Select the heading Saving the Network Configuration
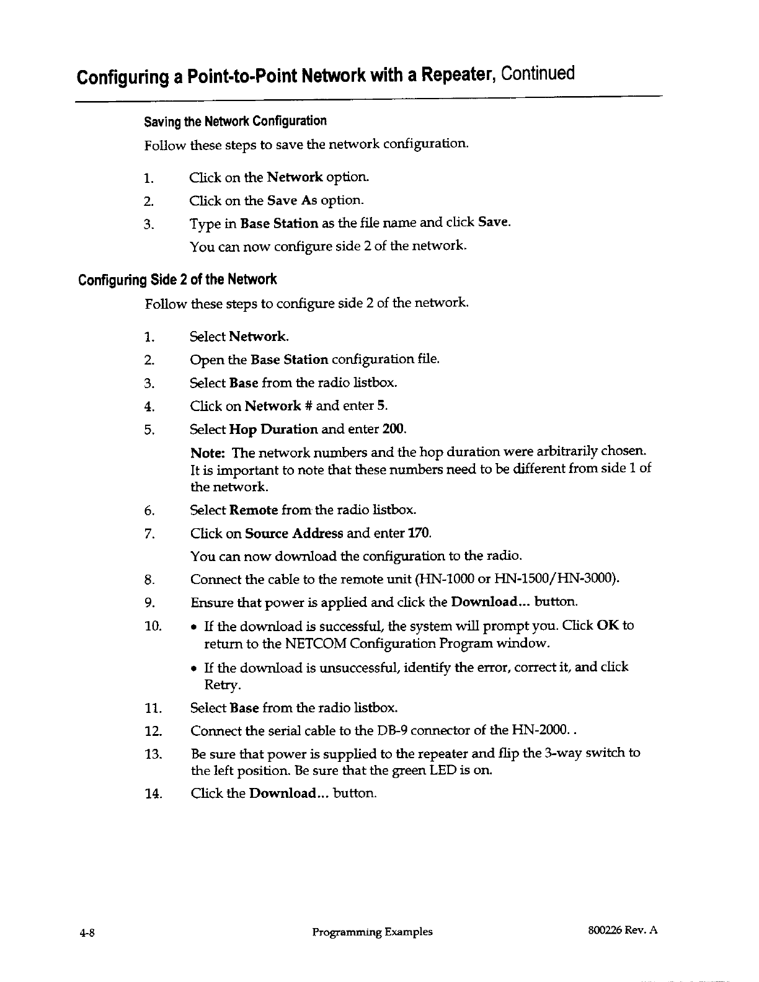[x=235, y=120]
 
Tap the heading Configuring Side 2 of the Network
[x=177, y=280]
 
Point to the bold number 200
[x=394, y=429]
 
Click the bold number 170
[x=419, y=533]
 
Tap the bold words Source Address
[x=294, y=533]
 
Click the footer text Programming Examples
[x=371, y=932]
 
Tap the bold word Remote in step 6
[x=253, y=510]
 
